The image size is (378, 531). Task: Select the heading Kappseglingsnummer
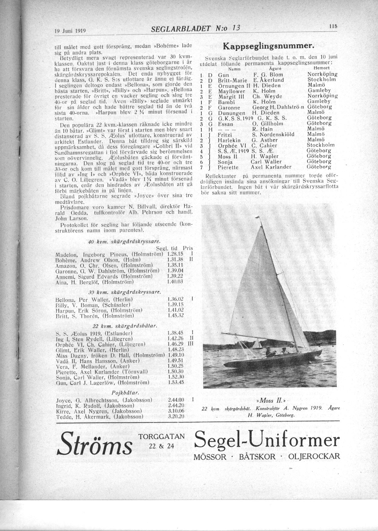click(267, 46)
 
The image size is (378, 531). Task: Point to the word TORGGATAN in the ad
click(161, 436)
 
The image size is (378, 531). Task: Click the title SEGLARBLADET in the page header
click(181, 29)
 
